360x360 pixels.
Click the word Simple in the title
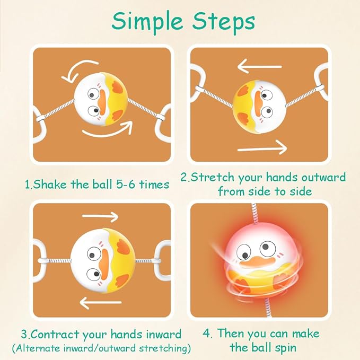[x=147, y=22]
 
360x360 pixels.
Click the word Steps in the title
[x=224, y=21]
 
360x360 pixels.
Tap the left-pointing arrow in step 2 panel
[x=260, y=66]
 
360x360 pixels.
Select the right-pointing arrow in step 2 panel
[x=262, y=147]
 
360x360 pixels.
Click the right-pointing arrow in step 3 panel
[x=100, y=216]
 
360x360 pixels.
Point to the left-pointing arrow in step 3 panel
[x=101, y=303]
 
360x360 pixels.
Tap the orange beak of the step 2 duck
[x=258, y=101]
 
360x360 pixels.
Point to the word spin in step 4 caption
[x=286, y=348]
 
